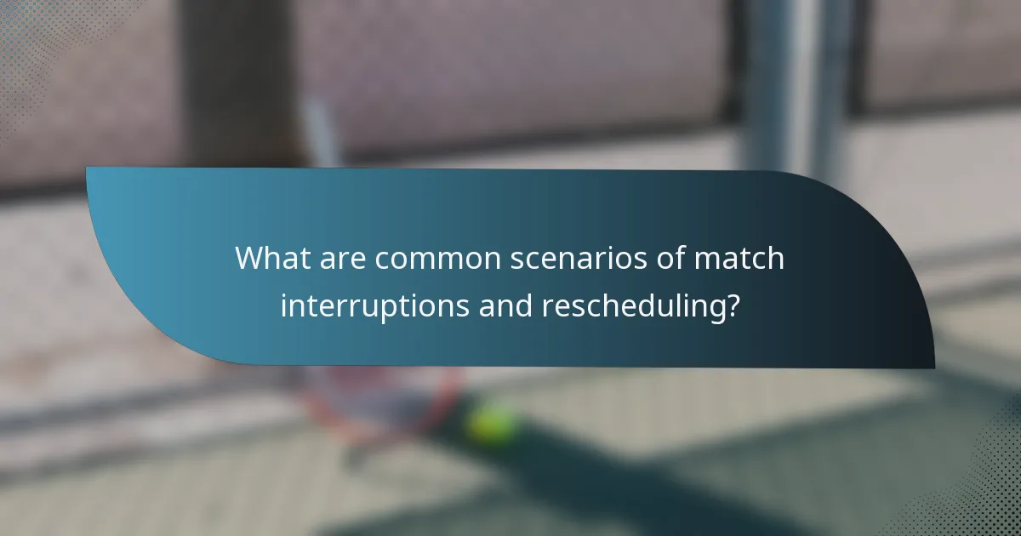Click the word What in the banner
point(271,258)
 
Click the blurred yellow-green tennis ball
point(492,424)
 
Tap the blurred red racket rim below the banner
point(383,400)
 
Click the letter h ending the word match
point(775,258)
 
